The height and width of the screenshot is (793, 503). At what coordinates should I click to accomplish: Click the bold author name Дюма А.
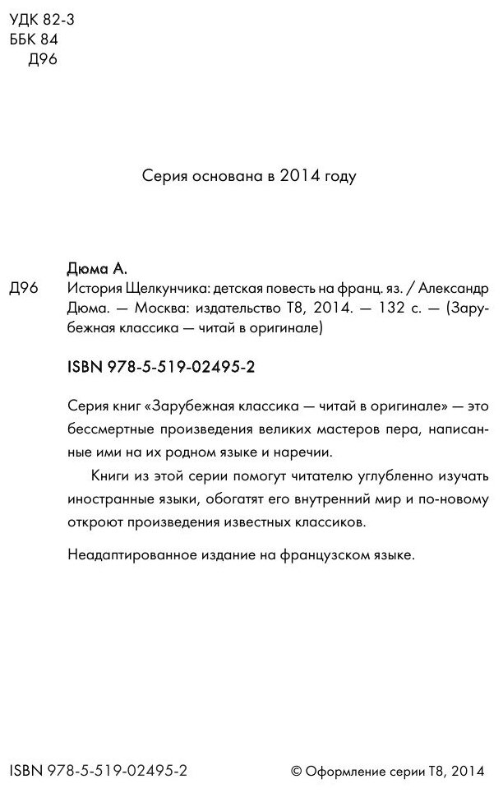click(x=97, y=269)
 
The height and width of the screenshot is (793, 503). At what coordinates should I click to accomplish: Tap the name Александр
click(x=455, y=289)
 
